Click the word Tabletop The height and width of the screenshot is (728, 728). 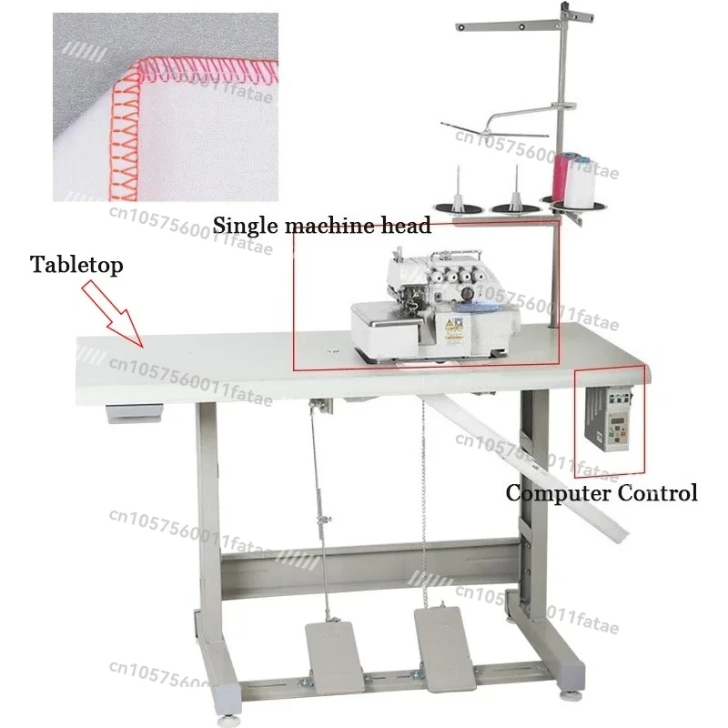point(77,265)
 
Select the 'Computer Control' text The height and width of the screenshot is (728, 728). point(602,493)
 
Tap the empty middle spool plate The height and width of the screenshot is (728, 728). point(516,207)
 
